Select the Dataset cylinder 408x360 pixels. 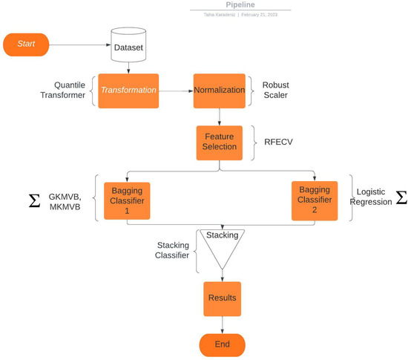coord(129,46)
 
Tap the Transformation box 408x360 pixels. coord(129,90)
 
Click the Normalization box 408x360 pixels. coord(219,90)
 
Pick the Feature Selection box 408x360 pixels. coord(219,142)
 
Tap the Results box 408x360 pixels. coord(221,298)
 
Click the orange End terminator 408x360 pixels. coord(221,344)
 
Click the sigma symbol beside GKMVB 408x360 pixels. coord(34,201)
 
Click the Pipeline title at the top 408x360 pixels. coord(240,4)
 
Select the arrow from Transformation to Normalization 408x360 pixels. coord(175,90)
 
